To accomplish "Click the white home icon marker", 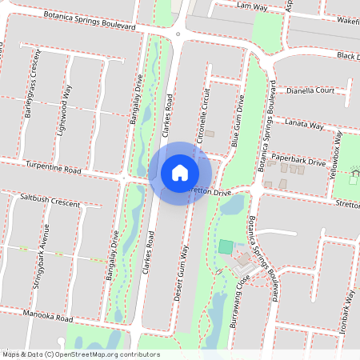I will click(180, 172).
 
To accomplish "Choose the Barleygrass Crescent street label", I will click(33, 84).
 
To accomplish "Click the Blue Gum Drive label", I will click(237, 120).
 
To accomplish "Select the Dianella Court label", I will click(310, 90).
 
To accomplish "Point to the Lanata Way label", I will click(305, 126).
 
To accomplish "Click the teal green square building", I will click(226, 246).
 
